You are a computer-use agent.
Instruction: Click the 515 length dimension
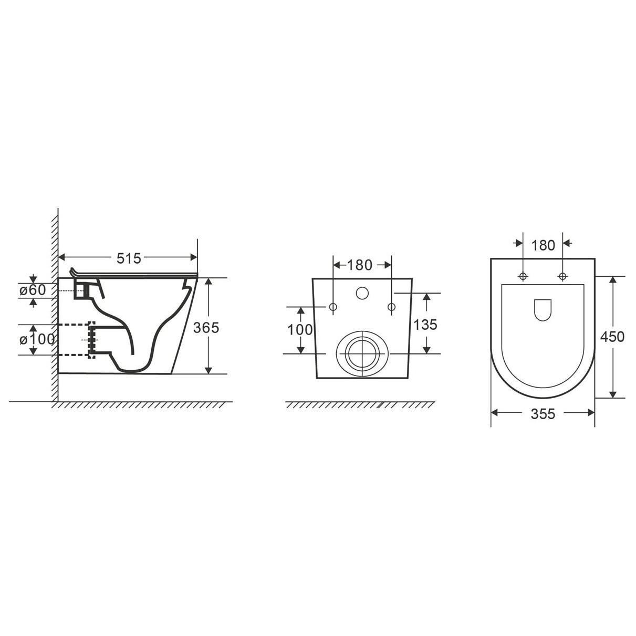coord(129,258)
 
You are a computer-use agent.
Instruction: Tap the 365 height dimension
coord(206,328)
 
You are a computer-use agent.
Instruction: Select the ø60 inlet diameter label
coord(33,290)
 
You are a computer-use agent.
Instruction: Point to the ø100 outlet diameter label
coord(37,339)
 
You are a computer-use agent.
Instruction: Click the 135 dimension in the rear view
coord(425,325)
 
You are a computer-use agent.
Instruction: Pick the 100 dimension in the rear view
coord(300,330)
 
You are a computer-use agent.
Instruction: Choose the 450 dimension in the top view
coord(612,337)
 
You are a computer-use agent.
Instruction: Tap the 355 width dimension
coord(543,414)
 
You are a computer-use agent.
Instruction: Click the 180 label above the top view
coord(543,246)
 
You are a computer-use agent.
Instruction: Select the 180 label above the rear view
coord(360,265)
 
